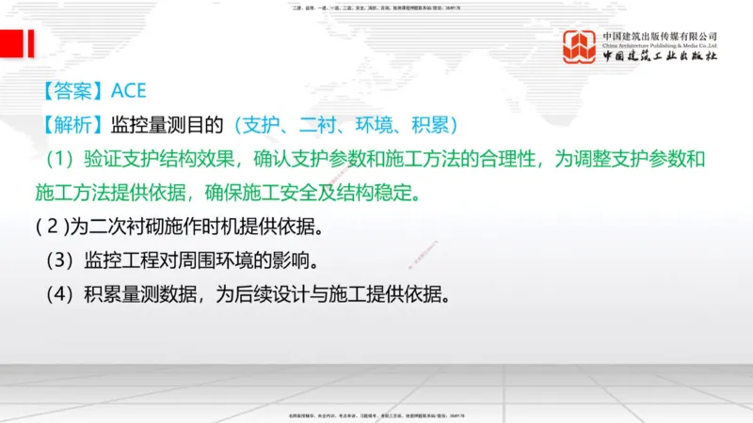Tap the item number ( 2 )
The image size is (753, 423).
(x=53, y=227)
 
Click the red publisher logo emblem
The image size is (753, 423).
(x=580, y=46)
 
